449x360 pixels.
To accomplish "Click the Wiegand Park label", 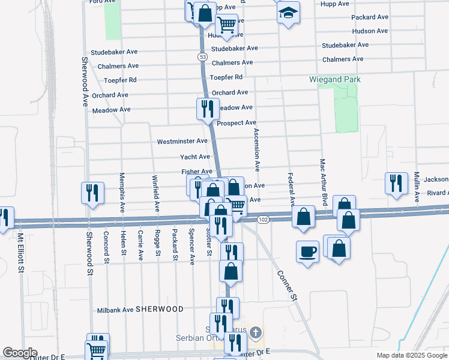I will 335,79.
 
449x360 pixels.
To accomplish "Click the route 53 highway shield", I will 203,56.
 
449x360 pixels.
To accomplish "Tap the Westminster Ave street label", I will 182,142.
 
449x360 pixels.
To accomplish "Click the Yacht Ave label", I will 195,157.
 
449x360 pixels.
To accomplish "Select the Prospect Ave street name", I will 237,123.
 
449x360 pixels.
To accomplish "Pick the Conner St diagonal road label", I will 287,285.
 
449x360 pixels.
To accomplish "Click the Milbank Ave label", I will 115,310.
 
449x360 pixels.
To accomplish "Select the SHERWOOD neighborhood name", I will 159,309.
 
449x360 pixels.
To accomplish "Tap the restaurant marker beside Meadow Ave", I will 208,109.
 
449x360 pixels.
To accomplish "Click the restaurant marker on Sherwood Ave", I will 93,193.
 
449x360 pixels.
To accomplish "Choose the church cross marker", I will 256,332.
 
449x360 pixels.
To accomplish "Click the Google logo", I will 20,353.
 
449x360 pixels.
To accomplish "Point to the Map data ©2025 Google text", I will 411,355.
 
